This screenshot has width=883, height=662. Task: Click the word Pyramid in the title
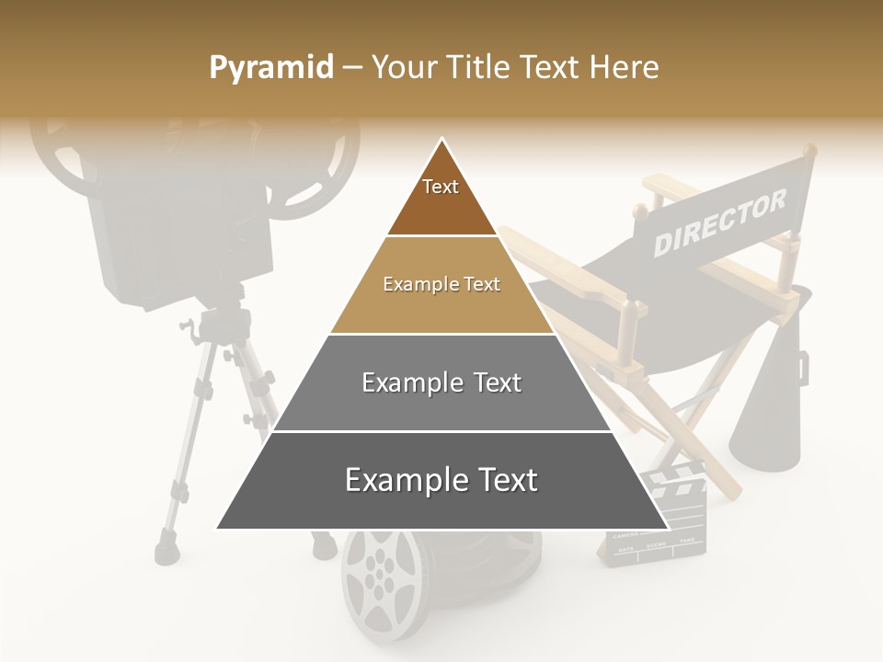pos(270,67)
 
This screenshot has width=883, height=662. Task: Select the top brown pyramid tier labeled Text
pos(441,198)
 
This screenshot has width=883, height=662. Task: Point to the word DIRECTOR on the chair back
pos(720,223)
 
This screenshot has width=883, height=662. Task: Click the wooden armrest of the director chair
pos(570,276)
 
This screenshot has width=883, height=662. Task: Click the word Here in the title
pos(625,67)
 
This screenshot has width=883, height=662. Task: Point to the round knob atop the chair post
pos(808,149)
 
